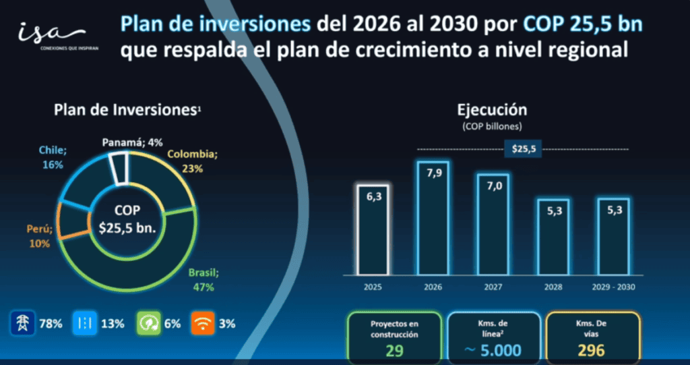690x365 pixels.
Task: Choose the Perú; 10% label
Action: coord(38,237)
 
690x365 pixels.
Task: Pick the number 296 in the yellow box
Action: coord(591,350)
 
